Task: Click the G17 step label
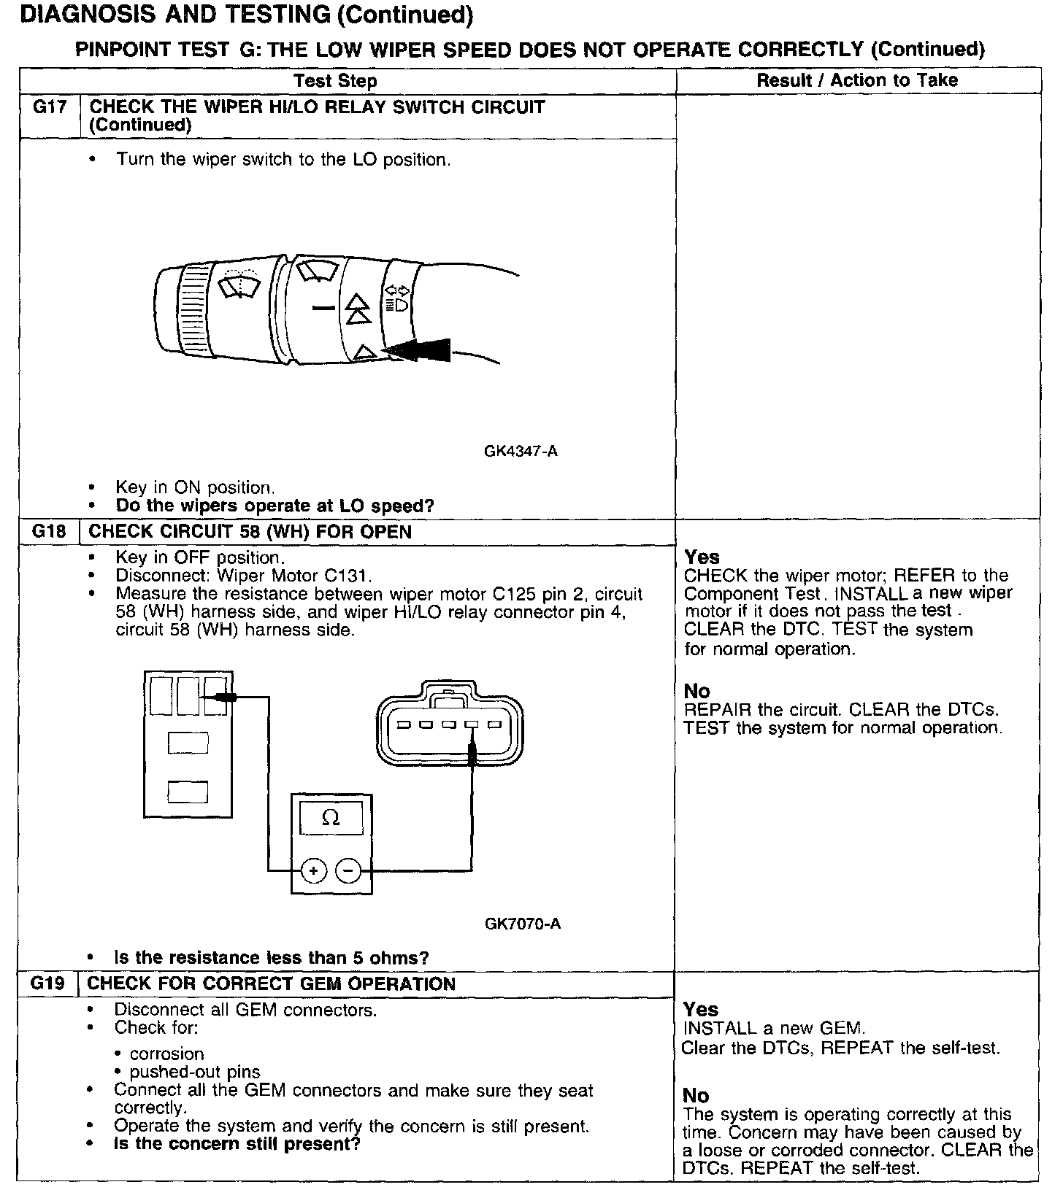(50, 107)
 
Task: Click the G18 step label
(49, 532)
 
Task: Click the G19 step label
(48, 983)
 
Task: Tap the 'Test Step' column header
(335, 81)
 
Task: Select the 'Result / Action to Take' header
(857, 80)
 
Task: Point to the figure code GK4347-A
(521, 451)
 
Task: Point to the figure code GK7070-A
(523, 924)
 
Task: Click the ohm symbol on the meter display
(331, 818)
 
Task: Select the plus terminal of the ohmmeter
(313, 870)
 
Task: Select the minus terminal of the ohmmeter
(348, 870)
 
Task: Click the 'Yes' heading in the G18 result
(702, 557)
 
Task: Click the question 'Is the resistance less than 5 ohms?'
(272, 957)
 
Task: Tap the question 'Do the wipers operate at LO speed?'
(275, 506)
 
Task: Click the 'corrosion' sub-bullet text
(166, 1054)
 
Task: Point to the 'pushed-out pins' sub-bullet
(195, 1072)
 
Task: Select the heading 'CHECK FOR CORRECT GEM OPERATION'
(271, 983)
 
